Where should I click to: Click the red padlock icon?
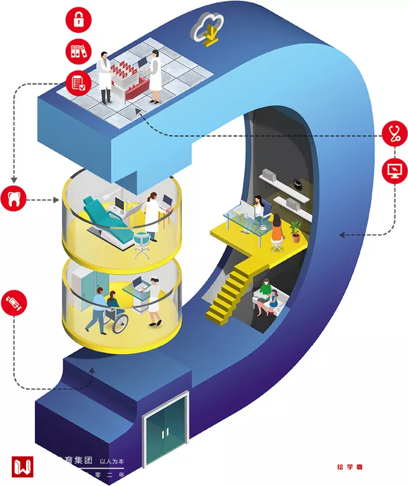click(78, 18)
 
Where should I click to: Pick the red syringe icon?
click(14, 302)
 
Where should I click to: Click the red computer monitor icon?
click(394, 170)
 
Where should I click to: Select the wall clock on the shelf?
click(298, 184)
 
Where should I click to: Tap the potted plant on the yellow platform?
click(295, 230)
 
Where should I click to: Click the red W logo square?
click(22, 467)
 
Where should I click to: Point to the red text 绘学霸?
click(349, 467)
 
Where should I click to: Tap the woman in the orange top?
click(277, 228)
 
